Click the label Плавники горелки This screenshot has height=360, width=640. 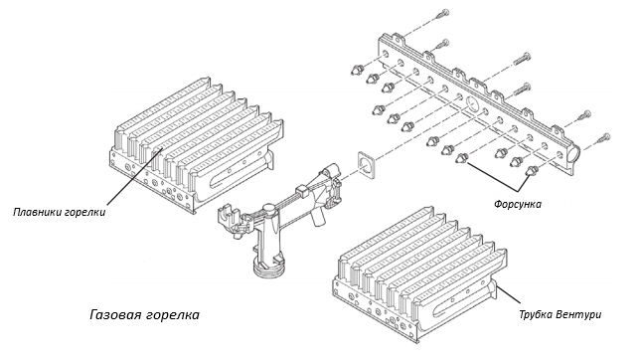pyautogui.click(x=60, y=213)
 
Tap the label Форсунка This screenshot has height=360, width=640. pyautogui.click(x=518, y=204)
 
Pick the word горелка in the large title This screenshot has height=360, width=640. pyautogui.click(x=173, y=315)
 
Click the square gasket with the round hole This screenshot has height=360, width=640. pyautogui.click(x=366, y=165)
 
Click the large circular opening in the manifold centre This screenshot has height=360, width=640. pyautogui.click(x=471, y=102)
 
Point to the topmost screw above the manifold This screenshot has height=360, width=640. pyautogui.click(x=442, y=14)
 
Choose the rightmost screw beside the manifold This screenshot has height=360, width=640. pyautogui.click(x=603, y=139)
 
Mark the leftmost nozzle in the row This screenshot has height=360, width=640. pyautogui.click(x=358, y=70)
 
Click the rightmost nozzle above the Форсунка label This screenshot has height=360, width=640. pyautogui.click(x=532, y=170)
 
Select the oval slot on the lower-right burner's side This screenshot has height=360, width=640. pyautogui.click(x=462, y=299)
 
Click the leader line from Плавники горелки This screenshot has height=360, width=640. pyautogui.click(x=135, y=176)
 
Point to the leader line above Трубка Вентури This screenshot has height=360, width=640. pyautogui.click(x=508, y=294)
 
